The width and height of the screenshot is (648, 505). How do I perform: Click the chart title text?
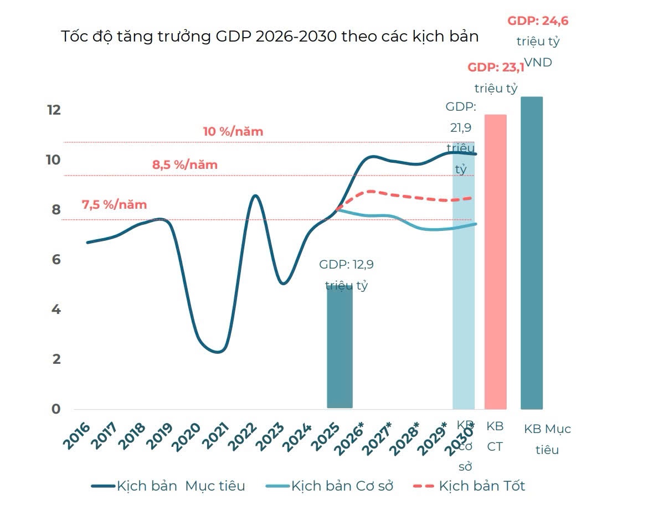[x=270, y=37]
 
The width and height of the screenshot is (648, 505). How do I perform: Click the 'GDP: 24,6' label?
[x=538, y=22]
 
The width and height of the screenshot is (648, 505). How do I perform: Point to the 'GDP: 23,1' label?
[x=496, y=68]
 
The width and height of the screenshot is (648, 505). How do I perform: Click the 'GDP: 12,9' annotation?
[x=346, y=265]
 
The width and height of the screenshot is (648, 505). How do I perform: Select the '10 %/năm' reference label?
[x=233, y=132]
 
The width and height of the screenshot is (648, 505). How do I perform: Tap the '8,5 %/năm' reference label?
[x=184, y=164]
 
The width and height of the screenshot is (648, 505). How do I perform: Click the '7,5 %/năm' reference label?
[x=115, y=204]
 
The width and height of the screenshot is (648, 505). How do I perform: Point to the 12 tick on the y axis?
[x=54, y=110]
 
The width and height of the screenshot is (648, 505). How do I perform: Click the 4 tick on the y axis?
[x=55, y=309]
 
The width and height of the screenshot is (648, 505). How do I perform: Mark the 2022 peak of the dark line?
[x=254, y=195]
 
